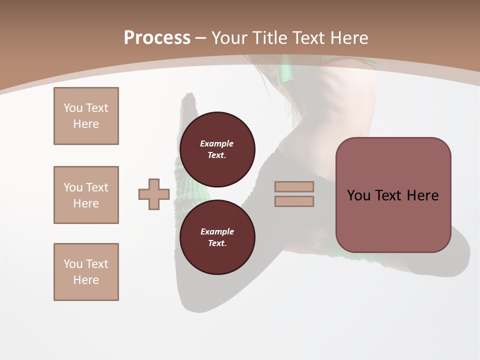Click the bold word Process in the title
157,38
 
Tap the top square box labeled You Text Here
86,116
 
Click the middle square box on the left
86,195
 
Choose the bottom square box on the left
86,272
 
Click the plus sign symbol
154,194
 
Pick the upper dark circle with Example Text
217,149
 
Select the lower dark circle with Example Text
217,237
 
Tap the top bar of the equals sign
294,187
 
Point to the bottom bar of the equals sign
294,201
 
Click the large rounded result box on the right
393,195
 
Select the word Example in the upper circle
217,143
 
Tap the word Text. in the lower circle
217,243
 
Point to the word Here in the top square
86,124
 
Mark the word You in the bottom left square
72,264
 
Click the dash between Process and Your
200,38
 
